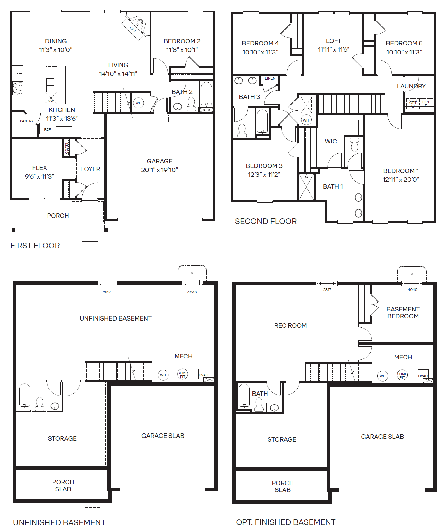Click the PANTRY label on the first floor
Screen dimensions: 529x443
pos(26,121)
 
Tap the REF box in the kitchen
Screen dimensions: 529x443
pos(47,129)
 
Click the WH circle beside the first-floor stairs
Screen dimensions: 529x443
pos(138,103)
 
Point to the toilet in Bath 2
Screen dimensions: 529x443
pos(191,104)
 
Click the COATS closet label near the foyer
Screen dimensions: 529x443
pos(67,148)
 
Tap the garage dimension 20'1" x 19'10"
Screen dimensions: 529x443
pos(159,170)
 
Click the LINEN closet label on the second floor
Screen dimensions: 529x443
pos(270,78)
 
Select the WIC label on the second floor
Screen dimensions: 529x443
pos(331,141)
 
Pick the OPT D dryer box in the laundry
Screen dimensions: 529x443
pos(426,103)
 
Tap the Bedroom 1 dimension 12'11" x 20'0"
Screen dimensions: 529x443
pos(401,180)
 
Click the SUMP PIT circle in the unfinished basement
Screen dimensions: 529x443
pos(182,374)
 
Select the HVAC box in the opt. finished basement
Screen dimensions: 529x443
pos(423,376)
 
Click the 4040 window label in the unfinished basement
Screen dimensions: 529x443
pos(192,292)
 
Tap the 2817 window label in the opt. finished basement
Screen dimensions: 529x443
pos(327,290)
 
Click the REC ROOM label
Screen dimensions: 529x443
pos(290,325)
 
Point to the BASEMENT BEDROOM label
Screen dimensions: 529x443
pos(403,313)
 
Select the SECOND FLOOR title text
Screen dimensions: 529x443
pos(265,221)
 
